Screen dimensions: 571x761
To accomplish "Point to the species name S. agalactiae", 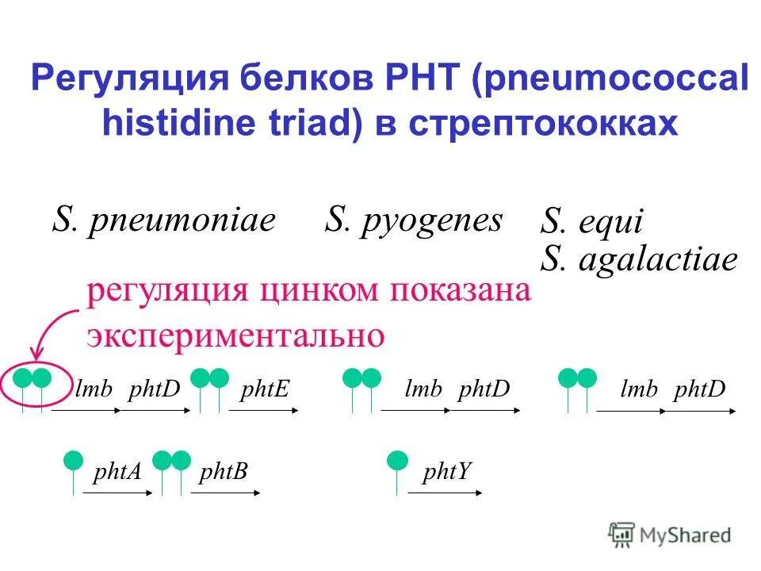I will [x=639, y=259].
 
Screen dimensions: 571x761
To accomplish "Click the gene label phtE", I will [x=265, y=389].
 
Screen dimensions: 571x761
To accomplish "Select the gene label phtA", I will [x=117, y=473].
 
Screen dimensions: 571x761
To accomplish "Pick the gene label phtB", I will [x=224, y=473].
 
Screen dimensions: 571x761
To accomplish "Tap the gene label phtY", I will [x=447, y=473].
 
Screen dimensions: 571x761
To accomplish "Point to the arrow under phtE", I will [x=264, y=411].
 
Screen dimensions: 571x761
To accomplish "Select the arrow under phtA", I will [x=117, y=493].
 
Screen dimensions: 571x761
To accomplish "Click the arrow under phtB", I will [x=226, y=493].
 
